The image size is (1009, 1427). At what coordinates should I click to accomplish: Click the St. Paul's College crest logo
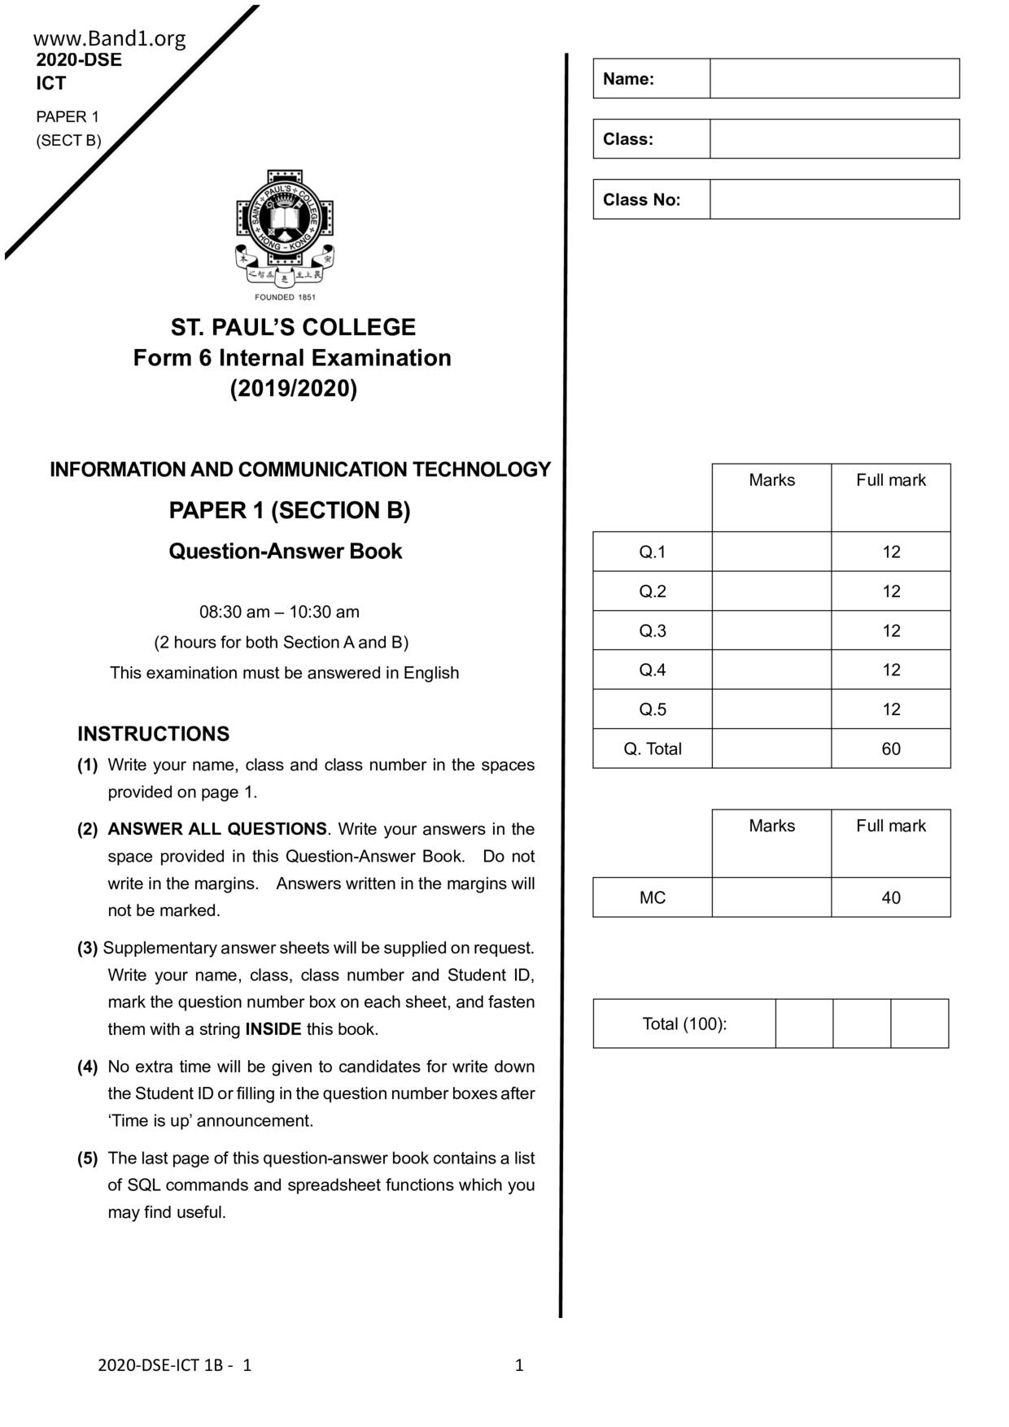click(x=285, y=232)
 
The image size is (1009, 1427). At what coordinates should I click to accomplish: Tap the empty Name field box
click(x=834, y=79)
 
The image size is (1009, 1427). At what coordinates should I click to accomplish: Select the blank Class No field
click(x=834, y=199)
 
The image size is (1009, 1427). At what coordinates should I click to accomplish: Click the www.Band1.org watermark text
click(x=110, y=38)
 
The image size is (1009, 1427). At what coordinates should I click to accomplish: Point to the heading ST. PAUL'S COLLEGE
click(x=293, y=327)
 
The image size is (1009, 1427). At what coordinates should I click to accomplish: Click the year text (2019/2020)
click(x=293, y=389)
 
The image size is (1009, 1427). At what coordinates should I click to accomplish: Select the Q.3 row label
click(x=652, y=631)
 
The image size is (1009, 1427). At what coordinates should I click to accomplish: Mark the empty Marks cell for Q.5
click(x=771, y=709)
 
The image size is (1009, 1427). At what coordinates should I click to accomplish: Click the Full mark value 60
click(x=891, y=748)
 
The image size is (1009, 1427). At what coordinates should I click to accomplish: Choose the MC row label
click(x=652, y=897)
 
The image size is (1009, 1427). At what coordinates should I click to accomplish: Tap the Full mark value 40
click(x=891, y=897)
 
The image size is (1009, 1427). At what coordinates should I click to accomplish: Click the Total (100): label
click(x=684, y=1023)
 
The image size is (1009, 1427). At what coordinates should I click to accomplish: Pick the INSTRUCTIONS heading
click(x=153, y=734)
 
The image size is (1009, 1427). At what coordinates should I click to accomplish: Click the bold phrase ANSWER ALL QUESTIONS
click(x=217, y=829)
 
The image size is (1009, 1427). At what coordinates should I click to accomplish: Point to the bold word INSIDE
click(x=273, y=1029)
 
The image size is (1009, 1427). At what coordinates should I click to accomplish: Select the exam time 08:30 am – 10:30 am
click(x=279, y=612)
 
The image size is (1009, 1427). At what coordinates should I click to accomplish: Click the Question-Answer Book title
click(x=286, y=551)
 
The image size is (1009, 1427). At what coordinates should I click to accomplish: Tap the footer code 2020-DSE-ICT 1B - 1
click(x=174, y=1365)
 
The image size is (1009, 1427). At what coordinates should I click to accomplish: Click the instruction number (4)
click(x=88, y=1067)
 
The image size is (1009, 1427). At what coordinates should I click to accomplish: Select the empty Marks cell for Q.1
click(x=771, y=552)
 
